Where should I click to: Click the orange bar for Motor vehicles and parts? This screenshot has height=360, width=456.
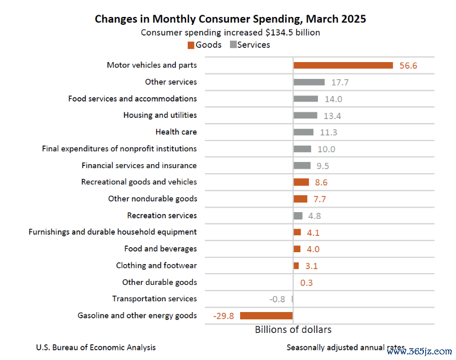point(343,65)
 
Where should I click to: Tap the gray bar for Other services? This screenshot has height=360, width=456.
point(309,82)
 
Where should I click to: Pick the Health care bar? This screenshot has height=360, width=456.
point(303,132)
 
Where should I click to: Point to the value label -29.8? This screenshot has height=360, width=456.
point(224,316)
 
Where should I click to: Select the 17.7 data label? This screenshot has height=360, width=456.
point(340,82)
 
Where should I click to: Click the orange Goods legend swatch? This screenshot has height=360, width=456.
point(191,45)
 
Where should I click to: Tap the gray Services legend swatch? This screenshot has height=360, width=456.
point(233,45)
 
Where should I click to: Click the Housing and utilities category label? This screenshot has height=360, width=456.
point(160,115)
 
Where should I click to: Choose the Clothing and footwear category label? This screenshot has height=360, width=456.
point(156,265)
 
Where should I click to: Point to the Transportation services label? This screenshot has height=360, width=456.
point(154,298)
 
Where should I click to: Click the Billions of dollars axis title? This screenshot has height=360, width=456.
point(293,330)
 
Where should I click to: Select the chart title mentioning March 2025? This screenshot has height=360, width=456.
point(230,19)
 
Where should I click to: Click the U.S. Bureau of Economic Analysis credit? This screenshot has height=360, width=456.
point(96,348)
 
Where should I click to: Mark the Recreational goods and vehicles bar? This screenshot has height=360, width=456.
point(301,182)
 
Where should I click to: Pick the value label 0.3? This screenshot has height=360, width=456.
point(307,283)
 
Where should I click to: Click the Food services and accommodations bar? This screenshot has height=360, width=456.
point(306,99)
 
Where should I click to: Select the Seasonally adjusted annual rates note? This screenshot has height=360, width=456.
point(345,348)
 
